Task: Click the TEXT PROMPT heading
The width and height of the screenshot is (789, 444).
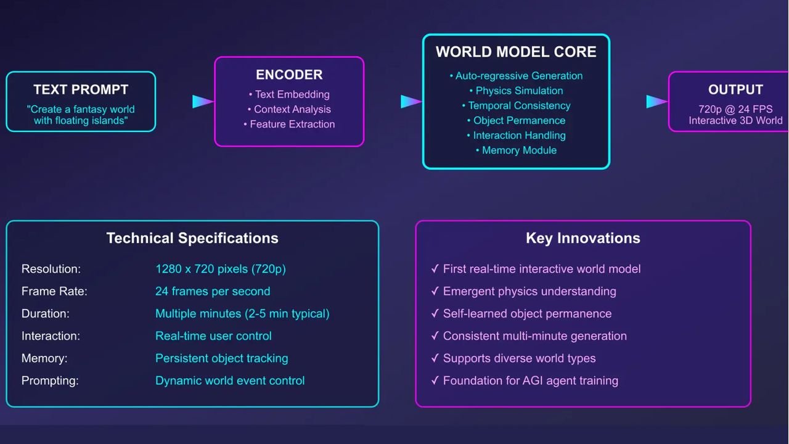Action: (x=81, y=89)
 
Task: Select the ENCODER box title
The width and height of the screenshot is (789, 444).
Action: (x=289, y=75)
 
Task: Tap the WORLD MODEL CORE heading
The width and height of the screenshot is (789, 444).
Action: (x=516, y=52)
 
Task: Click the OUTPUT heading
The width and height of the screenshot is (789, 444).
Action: (x=735, y=89)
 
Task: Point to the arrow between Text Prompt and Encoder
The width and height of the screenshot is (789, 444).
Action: (x=203, y=102)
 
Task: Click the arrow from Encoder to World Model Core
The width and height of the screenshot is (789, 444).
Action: (x=411, y=102)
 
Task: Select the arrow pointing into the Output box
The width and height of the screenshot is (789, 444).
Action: (x=657, y=102)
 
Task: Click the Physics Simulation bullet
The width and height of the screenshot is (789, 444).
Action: (x=516, y=91)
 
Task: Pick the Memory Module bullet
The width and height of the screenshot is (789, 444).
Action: (x=516, y=150)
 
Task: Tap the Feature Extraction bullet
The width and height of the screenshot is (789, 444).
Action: (x=289, y=125)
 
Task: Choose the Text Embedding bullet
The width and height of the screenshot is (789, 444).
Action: (x=289, y=94)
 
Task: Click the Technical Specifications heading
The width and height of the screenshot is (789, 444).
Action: (x=192, y=238)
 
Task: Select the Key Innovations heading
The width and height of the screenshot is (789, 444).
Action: (x=583, y=238)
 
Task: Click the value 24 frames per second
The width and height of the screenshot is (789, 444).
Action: (x=213, y=292)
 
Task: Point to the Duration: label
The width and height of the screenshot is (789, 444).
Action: (x=46, y=314)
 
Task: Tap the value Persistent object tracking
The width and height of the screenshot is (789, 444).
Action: (x=221, y=358)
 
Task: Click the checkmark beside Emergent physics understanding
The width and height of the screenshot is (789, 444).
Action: (x=435, y=290)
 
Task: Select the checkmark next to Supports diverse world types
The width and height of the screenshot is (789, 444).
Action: (x=435, y=358)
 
